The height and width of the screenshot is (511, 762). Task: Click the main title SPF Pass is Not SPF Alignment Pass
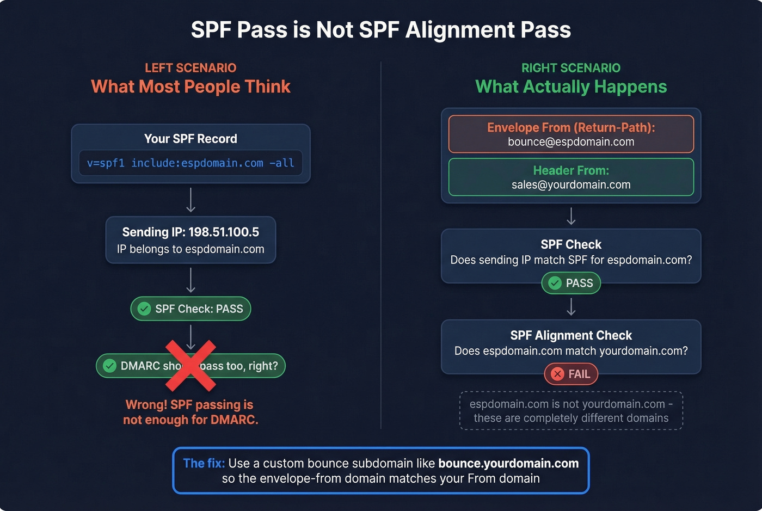tap(380, 30)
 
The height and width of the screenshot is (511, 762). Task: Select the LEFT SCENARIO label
tap(190, 68)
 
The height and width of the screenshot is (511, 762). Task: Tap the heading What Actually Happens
tap(571, 87)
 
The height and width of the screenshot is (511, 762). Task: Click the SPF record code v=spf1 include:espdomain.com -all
tap(190, 163)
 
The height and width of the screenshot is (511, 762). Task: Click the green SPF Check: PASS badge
tap(190, 309)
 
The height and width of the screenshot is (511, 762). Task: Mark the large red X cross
tap(190, 366)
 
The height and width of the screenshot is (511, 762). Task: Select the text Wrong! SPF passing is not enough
tap(190, 412)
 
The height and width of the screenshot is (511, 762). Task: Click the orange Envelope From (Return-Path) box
tap(571, 134)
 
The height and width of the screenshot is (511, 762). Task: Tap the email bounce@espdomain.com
tap(571, 142)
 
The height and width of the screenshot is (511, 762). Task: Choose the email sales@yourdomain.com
tap(571, 185)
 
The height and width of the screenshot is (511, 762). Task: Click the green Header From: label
tap(571, 170)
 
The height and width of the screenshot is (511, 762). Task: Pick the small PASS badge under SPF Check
tap(571, 283)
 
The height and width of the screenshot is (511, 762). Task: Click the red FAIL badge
tap(571, 374)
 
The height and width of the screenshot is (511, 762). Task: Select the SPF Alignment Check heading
tap(571, 335)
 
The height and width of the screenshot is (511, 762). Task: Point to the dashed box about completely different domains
tap(571, 411)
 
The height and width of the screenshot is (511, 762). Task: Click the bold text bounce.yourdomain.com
tap(508, 464)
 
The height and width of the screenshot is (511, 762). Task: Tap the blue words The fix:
tap(204, 464)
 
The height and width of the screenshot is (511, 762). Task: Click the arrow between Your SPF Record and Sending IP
tap(190, 200)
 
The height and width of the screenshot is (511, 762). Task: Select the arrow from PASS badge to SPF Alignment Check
tap(571, 307)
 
